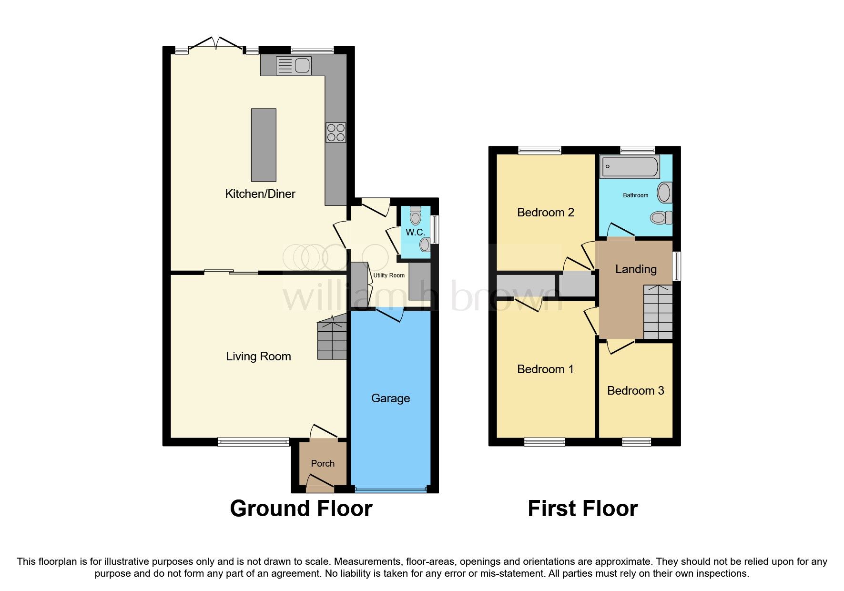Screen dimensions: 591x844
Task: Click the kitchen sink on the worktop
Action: (x=293, y=65)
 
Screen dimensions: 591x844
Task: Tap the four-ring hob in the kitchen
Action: (x=336, y=132)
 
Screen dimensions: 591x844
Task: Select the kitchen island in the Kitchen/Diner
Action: (x=264, y=145)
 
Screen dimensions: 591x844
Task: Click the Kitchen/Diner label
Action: (x=260, y=194)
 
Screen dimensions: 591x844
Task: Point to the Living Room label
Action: (x=258, y=357)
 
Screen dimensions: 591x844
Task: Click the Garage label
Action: (x=390, y=398)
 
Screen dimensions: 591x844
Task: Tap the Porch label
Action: (x=323, y=463)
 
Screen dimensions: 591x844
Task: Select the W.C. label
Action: (x=415, y=232)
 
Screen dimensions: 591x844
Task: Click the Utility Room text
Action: (x=389, y=275)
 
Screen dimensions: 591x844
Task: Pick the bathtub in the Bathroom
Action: (x=630, y=167)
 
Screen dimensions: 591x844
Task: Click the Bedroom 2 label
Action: (x=545, y=212)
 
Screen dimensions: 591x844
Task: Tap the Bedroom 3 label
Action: (x=635, y=391)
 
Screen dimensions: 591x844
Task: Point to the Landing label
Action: (x=636, y=269)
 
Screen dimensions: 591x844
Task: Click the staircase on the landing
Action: (x=658, y=312)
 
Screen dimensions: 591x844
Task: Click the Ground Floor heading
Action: (x=301, y=509)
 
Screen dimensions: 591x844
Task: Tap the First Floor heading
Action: (x=582, y=509)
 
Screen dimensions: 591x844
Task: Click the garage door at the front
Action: (x=390, y=489)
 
